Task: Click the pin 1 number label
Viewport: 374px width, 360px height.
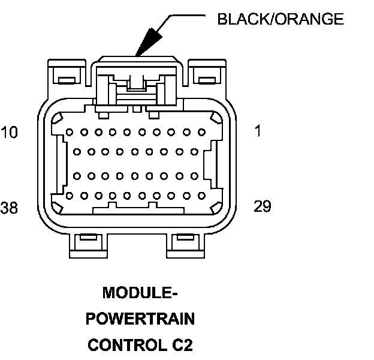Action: click(x=258, y=131)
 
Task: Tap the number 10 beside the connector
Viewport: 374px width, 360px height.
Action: click(x=10, y=132)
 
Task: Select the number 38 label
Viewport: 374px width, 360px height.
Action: click(x=10, y=208)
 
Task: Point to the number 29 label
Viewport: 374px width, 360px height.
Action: click(x=263, y=207)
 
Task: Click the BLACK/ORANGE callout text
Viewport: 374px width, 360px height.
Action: click(x=280, y=19)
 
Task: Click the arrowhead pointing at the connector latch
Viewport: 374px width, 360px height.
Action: click(x=146, y=43)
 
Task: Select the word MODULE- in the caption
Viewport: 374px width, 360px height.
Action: click(x=141, y=293)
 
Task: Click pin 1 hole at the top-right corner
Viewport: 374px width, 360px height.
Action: click(x=201, y=132)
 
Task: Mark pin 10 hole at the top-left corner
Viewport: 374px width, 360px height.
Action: click(x=70, y=132)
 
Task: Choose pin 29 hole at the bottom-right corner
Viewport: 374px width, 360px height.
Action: click(x=201, y=196)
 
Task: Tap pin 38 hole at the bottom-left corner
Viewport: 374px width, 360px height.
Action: click(x=70, y=196)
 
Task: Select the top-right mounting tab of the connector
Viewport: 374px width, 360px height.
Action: click(x=207, y=74)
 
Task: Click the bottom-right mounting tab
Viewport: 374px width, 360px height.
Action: click(x=183, y=243)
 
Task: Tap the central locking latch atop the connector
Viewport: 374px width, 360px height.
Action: click(x=136, y=84)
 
